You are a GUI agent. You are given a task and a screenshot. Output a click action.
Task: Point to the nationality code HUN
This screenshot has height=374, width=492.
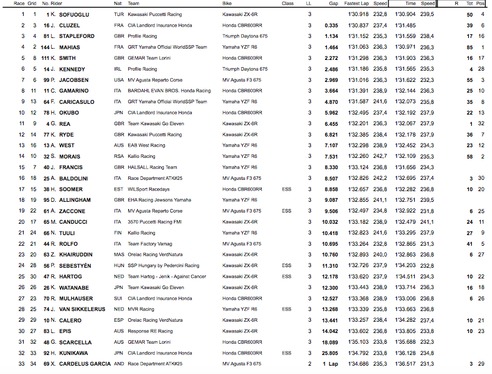(119, 265)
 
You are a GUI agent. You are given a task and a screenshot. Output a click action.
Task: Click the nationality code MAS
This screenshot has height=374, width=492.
(119, 254)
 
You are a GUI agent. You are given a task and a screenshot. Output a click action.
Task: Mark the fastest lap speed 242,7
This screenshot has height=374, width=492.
(380, 156)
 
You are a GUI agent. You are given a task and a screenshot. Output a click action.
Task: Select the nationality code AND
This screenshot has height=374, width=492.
(119, 363)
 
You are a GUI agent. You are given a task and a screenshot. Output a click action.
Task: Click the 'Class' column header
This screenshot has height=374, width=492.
(287, 3)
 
